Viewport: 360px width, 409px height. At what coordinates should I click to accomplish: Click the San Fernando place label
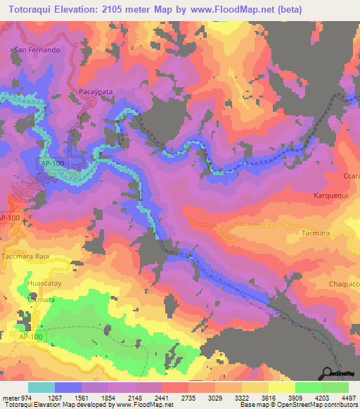[37, 51]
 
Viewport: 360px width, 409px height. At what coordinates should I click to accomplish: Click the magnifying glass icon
[328, 375]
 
